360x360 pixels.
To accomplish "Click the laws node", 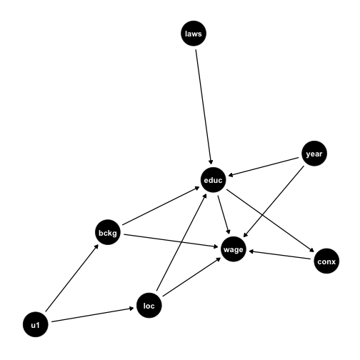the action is (194, 34).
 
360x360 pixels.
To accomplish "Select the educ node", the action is (213, 180).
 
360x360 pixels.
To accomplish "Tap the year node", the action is (314, 154).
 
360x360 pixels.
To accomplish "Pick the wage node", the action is (234, 249).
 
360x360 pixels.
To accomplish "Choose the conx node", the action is (326, 261).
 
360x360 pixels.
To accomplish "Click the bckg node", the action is (108, 232).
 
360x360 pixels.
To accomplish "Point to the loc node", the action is (149, 305).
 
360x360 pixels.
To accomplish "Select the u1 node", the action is (36, 324).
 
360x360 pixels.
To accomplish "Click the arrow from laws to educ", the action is (204, 106).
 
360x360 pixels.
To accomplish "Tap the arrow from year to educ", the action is (264, 166).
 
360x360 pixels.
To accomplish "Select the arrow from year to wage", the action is (274, 201).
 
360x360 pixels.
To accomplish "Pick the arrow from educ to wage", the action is (224, 215).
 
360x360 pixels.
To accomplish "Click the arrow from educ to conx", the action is (270, 221).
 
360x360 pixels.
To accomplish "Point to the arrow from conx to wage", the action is (280, 255).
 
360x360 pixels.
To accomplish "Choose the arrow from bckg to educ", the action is (161, 206).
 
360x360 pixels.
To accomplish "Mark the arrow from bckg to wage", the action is (171, 241).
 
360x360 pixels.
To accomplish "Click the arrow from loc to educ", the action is (181, 242).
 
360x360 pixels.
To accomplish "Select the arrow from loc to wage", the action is (191, 277).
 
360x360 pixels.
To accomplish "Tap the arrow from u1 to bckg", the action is (72, 278).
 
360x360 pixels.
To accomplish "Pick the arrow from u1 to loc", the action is (93, 315).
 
